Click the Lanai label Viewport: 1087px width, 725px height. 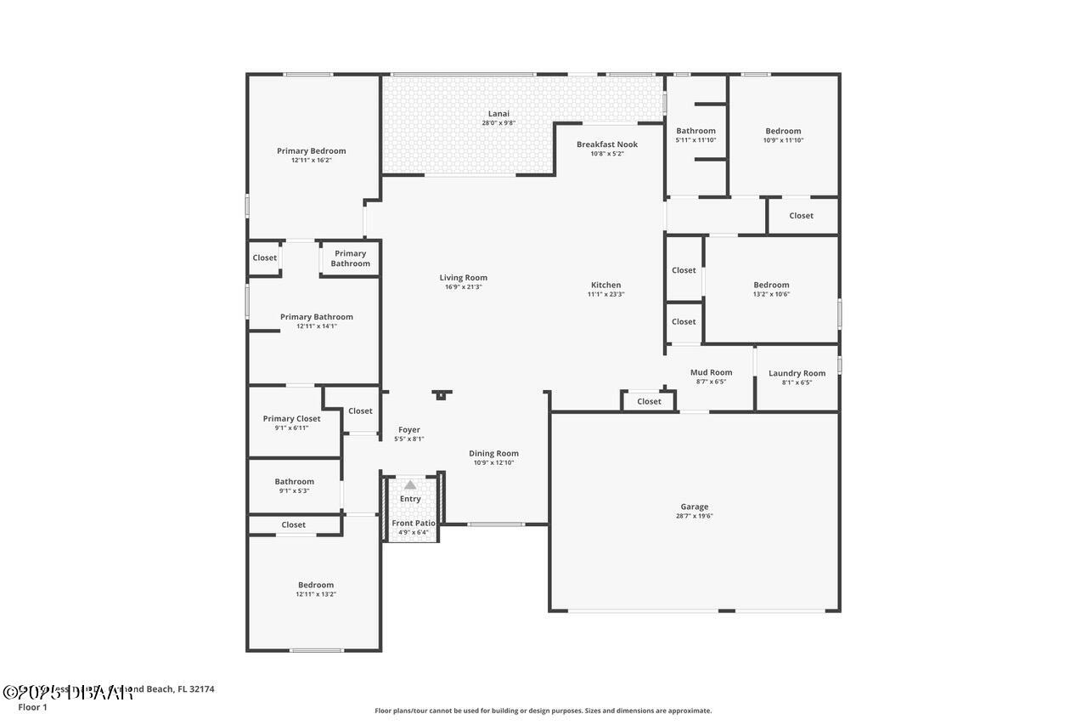[x=498, y=114]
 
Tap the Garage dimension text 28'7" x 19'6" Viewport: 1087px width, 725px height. [x=694, y=516]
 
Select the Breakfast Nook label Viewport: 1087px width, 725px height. [x=606, y=144]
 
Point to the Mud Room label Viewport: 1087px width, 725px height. [x=711, y=372]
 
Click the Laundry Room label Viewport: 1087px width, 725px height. [x=797, y=373]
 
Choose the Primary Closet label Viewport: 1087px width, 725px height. [x=291, y=418]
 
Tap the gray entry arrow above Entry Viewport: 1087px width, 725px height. [x=410, y=484]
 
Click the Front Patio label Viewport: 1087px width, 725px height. [x=414, y=523]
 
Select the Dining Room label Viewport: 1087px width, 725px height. [x=493, y=453]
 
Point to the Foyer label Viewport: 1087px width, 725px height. [x=409, y=430]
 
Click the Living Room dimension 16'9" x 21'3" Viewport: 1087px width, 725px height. [x=463, y=287]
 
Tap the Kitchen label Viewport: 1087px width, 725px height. [x=605, y=285]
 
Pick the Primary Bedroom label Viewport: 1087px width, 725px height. [x=311, y=150]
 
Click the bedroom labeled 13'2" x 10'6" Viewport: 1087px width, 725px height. [x=771, y=285]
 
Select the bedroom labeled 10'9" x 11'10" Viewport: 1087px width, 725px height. [x=782, y=131]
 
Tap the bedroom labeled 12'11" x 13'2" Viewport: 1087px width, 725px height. [x=315, y=585]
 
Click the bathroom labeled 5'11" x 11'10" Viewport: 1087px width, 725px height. [x=696, y=131]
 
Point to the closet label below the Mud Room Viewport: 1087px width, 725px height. [x=649, y=401]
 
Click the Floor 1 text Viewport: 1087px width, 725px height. [x=32, y=707]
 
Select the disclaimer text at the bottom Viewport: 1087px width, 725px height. [x=543, y=711]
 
